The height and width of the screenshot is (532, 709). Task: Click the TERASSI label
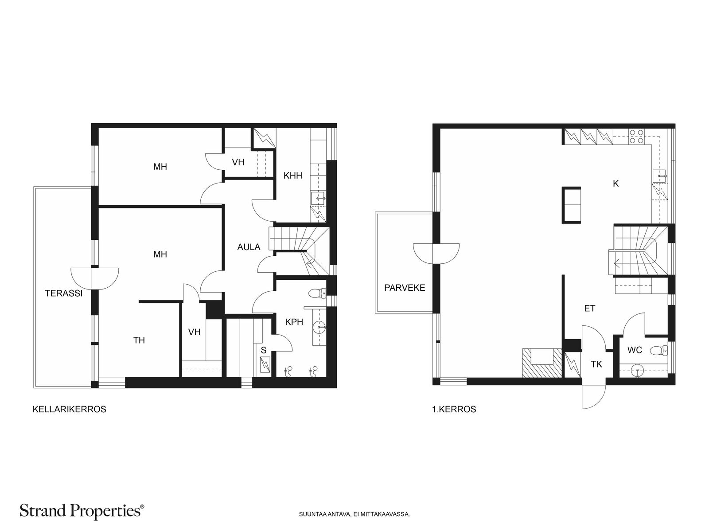(64, 293)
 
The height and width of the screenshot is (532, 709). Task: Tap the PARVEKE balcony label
(405, 288)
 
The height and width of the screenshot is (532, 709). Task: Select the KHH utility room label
(292, 176)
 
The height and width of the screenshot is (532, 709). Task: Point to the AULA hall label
(249, 247)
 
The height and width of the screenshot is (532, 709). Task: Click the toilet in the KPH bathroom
(317, 293)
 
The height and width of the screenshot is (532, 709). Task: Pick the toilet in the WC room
(659, 350)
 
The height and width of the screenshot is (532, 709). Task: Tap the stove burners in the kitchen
(636, 136)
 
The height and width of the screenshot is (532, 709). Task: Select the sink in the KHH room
(318, 198)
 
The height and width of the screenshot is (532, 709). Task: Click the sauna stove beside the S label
(265, 365)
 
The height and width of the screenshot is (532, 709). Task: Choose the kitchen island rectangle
(571, 205)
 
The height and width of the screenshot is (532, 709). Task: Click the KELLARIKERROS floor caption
(69, 409)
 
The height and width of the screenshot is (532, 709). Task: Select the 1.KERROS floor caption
(454, 409)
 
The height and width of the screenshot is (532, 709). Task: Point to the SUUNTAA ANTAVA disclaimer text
(354, 514)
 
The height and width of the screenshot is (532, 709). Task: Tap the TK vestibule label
(596, 364)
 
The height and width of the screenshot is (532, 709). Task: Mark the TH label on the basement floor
(139, 340)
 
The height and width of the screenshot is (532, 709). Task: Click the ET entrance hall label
(589, 309)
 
